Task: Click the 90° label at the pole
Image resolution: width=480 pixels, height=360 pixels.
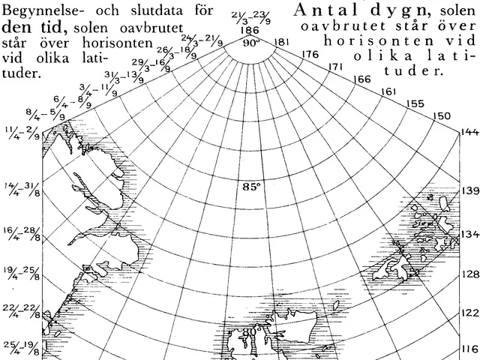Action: [250, 43]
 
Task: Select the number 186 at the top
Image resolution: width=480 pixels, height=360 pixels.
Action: [250, 30]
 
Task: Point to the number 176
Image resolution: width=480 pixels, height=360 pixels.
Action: [310, 55]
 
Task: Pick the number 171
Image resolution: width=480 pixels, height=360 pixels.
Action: [336, 67]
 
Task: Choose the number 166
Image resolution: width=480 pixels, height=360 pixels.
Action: [361, 79]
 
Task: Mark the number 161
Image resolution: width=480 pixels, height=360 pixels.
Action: [388, 91]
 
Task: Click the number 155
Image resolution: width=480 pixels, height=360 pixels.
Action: [414, 103]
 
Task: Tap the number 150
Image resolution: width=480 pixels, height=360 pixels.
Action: [442, 115]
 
